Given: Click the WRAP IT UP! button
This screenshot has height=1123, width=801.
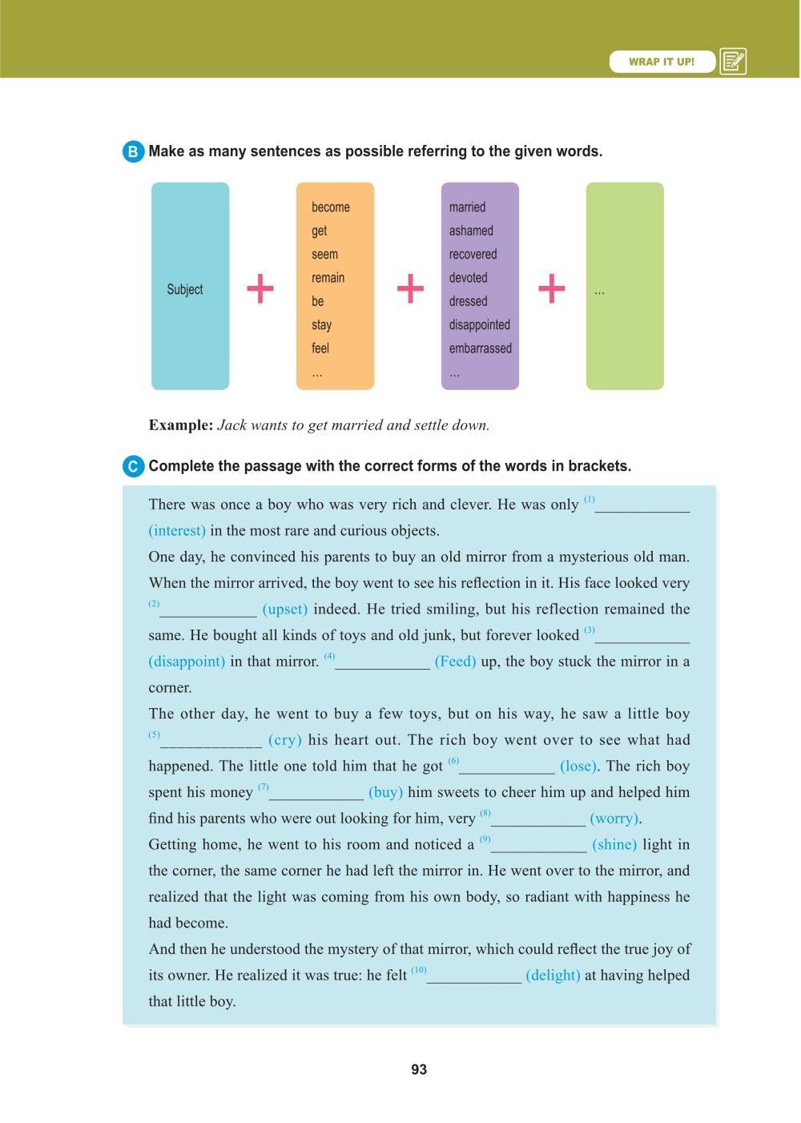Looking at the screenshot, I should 662,62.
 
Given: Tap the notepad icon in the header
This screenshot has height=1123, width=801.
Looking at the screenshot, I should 733,62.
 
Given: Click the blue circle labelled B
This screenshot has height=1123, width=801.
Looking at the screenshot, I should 133,151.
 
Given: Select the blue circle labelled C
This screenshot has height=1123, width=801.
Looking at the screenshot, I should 133,466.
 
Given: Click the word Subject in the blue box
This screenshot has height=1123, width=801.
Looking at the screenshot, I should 185,289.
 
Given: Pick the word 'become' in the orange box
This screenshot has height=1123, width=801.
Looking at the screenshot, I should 330,207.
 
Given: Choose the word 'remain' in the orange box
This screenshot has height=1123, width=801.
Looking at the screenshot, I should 328,278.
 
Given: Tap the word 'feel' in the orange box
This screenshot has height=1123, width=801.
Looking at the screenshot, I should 320,348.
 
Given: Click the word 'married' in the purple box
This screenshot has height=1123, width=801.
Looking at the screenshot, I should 467,207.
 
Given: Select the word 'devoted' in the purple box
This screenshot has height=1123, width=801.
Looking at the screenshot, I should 468,278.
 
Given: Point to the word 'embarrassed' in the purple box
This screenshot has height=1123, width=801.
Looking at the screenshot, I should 480,348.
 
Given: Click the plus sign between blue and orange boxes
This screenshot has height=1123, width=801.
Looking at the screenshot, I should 260,288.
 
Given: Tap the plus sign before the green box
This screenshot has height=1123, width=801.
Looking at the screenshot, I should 551,288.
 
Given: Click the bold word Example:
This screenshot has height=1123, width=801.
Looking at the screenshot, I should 181,425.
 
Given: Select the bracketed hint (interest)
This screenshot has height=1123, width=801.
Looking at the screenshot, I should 177,531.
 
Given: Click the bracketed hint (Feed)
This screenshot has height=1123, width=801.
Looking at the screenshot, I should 455,662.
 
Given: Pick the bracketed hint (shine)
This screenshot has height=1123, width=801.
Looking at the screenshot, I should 614,845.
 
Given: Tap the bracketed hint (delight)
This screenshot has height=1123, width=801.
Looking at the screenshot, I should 553,976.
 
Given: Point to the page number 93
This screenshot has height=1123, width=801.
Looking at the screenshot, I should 418,1070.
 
